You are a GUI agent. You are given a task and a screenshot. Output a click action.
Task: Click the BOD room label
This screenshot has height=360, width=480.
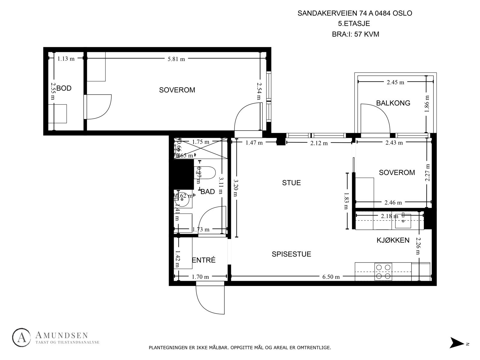64,88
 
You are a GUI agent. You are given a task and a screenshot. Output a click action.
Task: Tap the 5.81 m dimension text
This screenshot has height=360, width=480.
176,59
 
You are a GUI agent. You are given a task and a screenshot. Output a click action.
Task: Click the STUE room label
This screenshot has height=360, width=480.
291,183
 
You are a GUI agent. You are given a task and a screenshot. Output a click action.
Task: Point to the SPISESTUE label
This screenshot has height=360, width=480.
291,254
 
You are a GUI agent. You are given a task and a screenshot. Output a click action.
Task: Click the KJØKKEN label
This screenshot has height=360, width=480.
393,240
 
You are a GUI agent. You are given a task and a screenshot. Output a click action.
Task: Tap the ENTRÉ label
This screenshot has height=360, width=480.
204,260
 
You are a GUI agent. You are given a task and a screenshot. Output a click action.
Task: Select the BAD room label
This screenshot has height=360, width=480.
208,192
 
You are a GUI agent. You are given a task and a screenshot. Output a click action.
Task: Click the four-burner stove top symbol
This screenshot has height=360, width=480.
383,272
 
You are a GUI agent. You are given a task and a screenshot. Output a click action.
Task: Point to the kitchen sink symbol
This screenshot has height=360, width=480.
403,220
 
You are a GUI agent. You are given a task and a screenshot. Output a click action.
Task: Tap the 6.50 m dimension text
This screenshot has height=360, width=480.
331,277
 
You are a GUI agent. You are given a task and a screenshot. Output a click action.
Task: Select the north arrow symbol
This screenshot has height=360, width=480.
457,343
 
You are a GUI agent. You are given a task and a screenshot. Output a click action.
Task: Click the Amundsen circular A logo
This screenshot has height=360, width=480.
22,338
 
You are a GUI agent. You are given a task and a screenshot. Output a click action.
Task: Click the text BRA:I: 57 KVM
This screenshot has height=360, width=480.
355,34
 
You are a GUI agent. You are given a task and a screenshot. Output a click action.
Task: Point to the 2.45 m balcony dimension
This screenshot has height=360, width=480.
395,82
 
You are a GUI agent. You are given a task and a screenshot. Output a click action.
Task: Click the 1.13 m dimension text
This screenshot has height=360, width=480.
66,59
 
